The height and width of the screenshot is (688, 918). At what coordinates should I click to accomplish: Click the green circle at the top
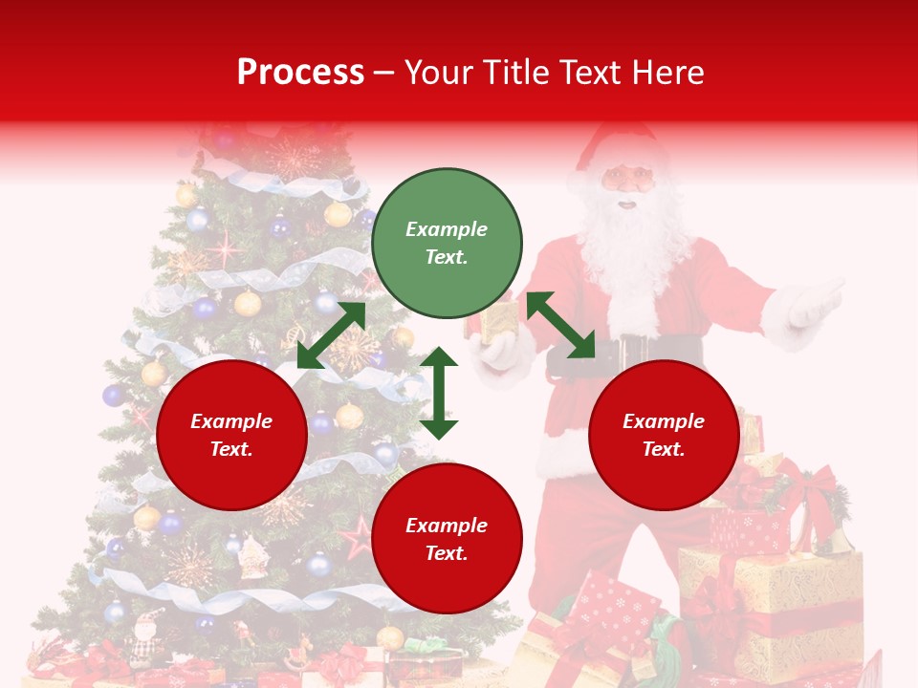(447, 244)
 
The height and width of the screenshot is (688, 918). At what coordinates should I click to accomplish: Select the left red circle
(231, 435)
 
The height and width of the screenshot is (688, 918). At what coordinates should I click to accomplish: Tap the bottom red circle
(447, 539)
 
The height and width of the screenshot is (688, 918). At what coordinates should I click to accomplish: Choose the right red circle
(664, 435)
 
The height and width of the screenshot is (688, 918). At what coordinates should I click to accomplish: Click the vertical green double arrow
(439, 393)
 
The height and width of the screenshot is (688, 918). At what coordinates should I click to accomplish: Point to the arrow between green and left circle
(331, 335)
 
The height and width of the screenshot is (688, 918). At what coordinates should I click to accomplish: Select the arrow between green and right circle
(560, 325)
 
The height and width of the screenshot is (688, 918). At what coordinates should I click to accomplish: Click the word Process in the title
(300, 72)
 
